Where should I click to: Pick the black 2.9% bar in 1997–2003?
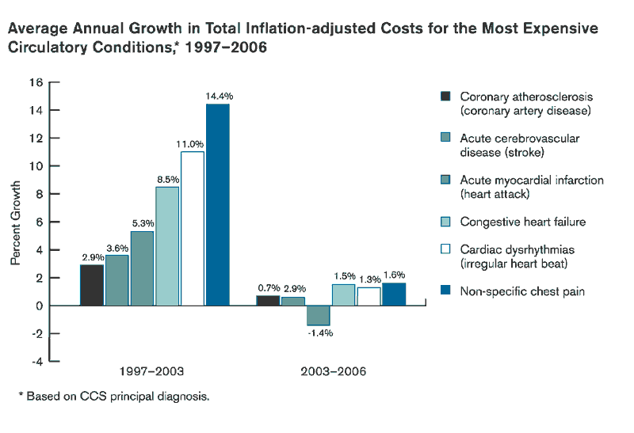point(91,285)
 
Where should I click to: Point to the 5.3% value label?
point(143,223)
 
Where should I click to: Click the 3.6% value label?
point(117,248)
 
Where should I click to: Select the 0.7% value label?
point(267,287)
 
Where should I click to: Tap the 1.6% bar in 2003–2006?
point(394,294)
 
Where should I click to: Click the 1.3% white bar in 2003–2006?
point(369,296)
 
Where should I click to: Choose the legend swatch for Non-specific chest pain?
point(445,291)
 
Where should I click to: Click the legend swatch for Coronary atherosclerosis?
point(445,96)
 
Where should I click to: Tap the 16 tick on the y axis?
point(36,82)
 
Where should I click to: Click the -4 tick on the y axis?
point(36,361)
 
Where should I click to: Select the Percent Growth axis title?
point(15,222)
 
